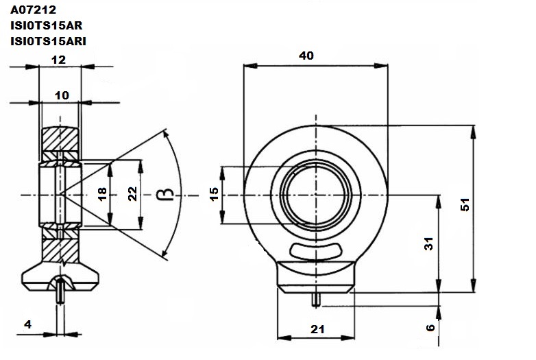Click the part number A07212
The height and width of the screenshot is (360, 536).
click(33, 10)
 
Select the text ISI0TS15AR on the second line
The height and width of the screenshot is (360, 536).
click(47, 25)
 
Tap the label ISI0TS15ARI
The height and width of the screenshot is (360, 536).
click(48, 41)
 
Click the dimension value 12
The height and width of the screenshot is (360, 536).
click(58, 60)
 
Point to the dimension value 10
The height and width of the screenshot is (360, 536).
click(62, 95)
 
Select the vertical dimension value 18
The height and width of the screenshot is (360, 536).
click(102, 194)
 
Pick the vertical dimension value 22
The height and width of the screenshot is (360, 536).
click(132, 194)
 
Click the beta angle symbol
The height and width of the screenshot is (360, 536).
click(165, 195)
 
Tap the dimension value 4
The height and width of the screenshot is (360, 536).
click(27, 324)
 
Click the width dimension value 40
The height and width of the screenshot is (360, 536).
click(306, 56)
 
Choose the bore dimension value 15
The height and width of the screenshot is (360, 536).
click(214, 194)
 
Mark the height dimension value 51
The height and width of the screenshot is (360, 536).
click(465, 205)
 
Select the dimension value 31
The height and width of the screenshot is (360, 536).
click(428, 243)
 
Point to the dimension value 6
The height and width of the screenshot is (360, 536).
click(430, 328)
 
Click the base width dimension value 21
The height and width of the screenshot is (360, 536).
click(317, 329)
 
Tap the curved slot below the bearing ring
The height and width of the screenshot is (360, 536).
click(315, 251)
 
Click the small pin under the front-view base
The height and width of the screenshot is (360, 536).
click(316, 300)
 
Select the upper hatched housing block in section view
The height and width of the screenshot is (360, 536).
click(60, 139)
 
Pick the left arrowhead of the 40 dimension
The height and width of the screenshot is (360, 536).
click(250, 66)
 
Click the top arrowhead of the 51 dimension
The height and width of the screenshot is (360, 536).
click(473, 132)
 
